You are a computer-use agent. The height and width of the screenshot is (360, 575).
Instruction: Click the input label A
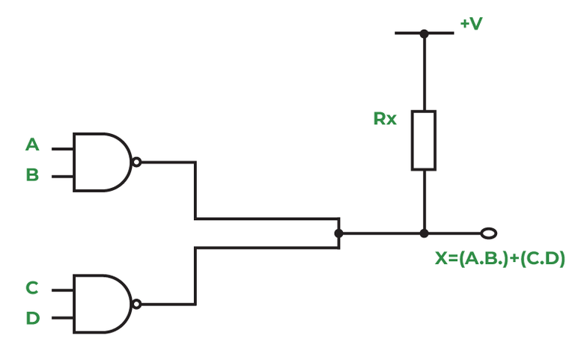[32, 144]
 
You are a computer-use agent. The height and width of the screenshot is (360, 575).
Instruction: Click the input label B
[32, 175]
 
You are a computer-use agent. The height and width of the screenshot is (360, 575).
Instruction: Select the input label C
[32, 288]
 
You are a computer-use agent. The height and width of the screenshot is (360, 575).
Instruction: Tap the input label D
[32, 318]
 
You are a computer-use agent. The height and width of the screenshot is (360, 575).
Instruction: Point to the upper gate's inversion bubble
[136, 162]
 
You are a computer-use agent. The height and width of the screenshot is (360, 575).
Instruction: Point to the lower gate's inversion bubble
[136, 304]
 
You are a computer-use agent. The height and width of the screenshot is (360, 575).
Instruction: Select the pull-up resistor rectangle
[423, 140]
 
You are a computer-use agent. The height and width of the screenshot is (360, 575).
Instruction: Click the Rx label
[385, 118]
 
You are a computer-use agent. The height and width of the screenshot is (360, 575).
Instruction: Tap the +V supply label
[471, 24]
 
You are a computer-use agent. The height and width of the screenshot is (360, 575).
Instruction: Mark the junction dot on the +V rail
[424, 33]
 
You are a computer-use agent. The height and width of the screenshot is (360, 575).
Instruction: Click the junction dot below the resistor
[424, 234]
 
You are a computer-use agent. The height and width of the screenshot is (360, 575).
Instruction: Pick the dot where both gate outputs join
[338, 234]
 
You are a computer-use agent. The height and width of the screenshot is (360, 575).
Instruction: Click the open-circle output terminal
[489, 234]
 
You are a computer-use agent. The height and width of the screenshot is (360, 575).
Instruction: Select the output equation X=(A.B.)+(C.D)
[500, 259]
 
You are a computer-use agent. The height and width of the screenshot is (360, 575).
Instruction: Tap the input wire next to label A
[62, 148]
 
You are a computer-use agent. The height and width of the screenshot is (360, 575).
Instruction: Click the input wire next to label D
[62, 318]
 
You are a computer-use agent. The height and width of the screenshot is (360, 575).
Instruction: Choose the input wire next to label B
[62, 177]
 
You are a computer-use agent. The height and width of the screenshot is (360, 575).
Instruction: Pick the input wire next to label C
[62, 290]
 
